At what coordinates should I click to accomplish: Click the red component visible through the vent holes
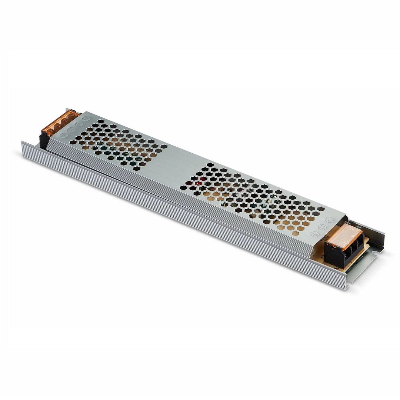pyautogui.click(x=200, y=182)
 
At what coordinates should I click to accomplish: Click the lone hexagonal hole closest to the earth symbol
pyautogui.click(x=296, y=234)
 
